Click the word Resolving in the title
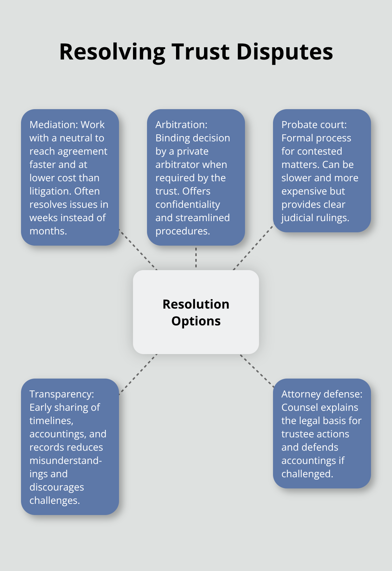coord(112,52)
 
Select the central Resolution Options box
coord(196,312)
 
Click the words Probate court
coord(314,125)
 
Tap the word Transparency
coord(61,394)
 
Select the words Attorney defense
coord(322,394)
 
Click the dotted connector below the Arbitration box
coord(196,258)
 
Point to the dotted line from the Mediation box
coord(138,249)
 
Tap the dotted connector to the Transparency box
coord(138,374)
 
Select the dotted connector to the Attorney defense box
coord(257,371)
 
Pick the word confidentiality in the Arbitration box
coord(188,205)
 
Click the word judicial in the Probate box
coord(297,218)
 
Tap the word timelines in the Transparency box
coord(51,421)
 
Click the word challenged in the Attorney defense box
coord(307,474)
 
